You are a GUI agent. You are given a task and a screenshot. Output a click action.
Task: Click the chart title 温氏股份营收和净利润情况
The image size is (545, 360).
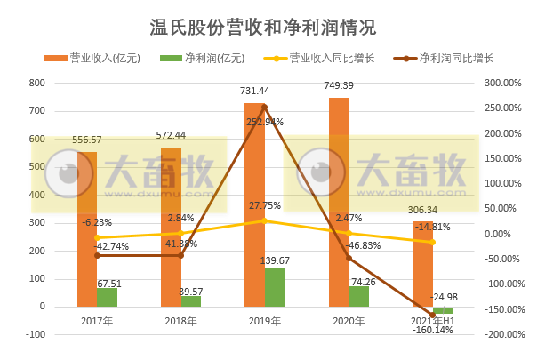click(x=263, y=26)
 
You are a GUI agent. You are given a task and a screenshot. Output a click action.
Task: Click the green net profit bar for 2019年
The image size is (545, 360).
click(x=275, y=287)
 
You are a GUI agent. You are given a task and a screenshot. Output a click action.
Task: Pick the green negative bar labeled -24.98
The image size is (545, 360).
click(x=443, y=310)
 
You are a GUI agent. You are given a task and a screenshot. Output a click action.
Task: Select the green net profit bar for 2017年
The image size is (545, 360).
click(x=107, y=297)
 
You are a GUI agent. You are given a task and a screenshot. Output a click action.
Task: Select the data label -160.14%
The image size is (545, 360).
click(x=433, y=329)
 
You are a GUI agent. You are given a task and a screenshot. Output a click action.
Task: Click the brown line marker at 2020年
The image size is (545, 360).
click(x=349, y=258)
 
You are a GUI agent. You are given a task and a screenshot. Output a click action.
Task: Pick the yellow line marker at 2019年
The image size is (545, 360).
click(x=264, y=220)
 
